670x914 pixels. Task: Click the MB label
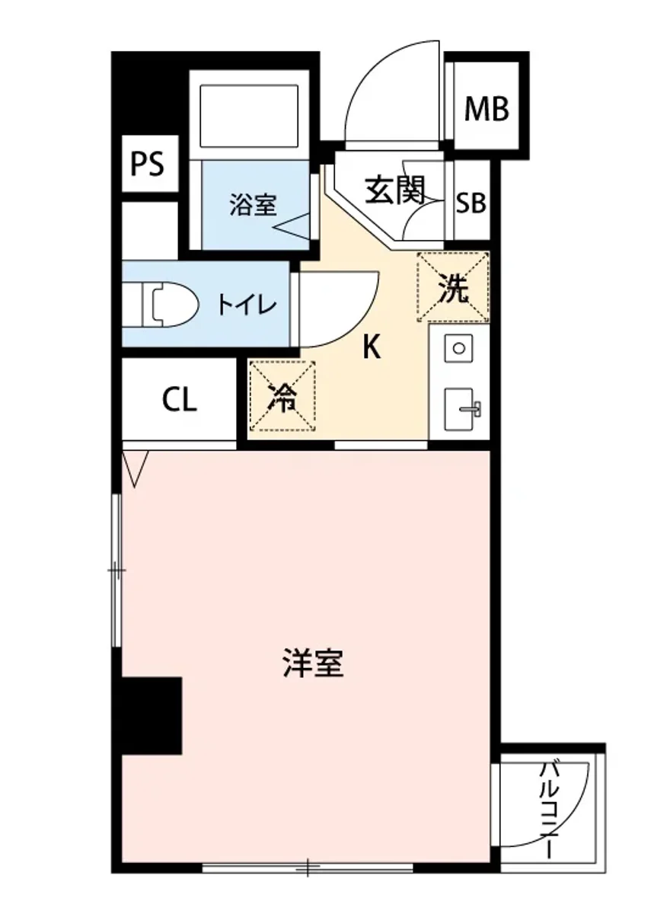487,109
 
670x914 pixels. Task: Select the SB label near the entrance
471,203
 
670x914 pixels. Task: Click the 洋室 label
312,664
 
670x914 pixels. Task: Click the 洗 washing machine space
453,289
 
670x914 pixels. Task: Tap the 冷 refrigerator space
282,397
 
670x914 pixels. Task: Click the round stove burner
459,348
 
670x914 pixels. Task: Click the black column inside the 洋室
152,715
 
